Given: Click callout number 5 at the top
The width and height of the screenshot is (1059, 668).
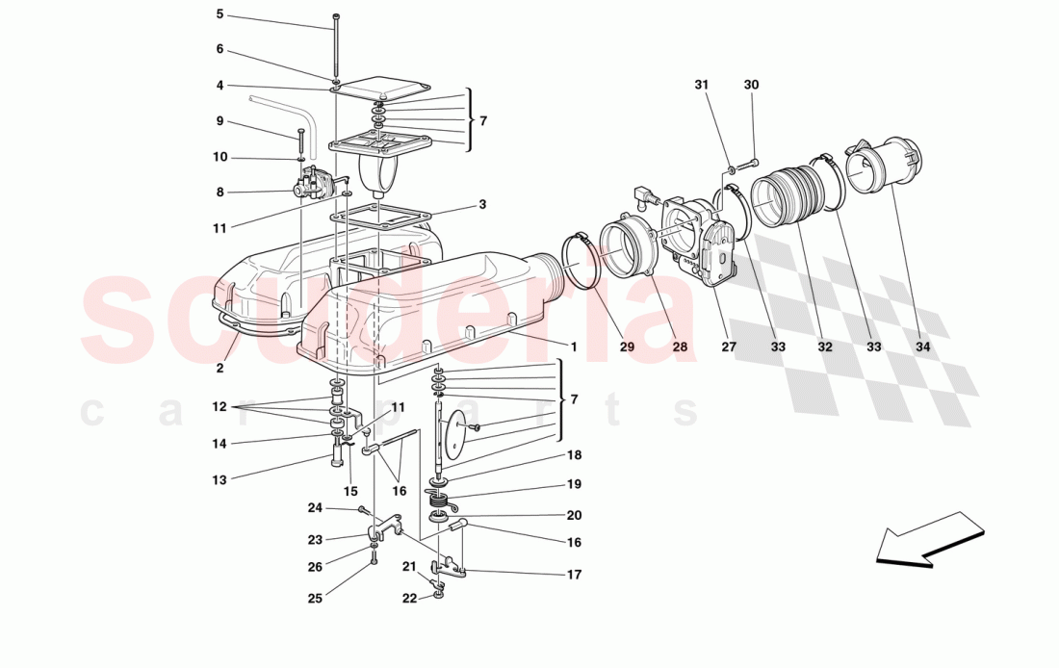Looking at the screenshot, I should click(x=220, y=14).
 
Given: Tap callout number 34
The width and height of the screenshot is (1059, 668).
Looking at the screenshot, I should click(x=923, y=347).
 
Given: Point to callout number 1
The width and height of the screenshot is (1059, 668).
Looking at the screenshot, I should click(x=573, y=347).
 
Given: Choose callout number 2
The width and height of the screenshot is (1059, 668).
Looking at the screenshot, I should click(x=220, y=368).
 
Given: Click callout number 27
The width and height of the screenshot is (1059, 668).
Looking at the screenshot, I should click(x=728, y=347).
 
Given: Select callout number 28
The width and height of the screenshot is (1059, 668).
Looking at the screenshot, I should click(x=681, y=347).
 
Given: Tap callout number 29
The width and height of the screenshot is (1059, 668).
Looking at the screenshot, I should click(x=628, y=347).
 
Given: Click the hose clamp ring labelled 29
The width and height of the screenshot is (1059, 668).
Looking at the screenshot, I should click(x=583, y=260).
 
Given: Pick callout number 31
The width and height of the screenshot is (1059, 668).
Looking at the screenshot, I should click(x=702, y=85).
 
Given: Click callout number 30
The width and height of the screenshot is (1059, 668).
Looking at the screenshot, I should click(x=751, y=85).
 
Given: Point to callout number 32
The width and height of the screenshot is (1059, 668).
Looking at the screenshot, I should click(x=825, y=347).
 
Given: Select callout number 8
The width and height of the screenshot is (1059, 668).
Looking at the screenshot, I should click(x=220, y=193).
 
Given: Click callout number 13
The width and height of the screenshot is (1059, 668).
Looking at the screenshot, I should click(x=220, y=479).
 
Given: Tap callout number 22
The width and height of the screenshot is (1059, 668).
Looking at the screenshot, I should click(x=409, y=598).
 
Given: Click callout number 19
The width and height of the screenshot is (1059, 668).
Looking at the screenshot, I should click(x=574, y=484).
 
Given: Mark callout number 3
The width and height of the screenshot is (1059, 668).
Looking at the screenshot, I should click(x=482, y=205).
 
